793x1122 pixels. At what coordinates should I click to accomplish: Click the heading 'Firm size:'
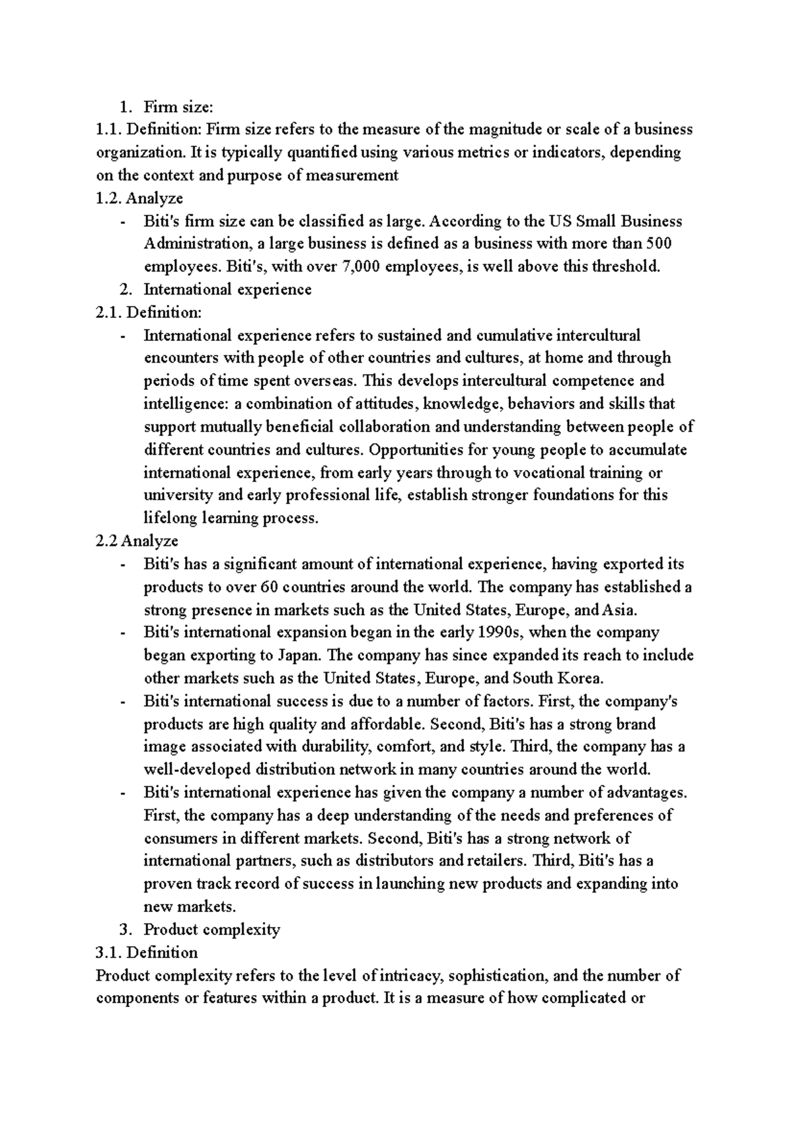point(178,106)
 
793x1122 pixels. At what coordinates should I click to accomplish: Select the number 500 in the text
point(659,243)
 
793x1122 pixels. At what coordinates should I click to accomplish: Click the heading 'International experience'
point(227,289)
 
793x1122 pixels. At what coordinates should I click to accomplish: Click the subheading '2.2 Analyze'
point(137,541)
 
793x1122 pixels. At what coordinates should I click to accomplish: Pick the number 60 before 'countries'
point(270,587)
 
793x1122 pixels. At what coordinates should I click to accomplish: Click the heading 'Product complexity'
point(211,930)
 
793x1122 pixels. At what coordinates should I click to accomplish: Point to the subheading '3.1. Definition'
point(147,952)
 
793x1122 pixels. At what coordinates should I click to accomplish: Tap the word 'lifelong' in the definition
point(170,518)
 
